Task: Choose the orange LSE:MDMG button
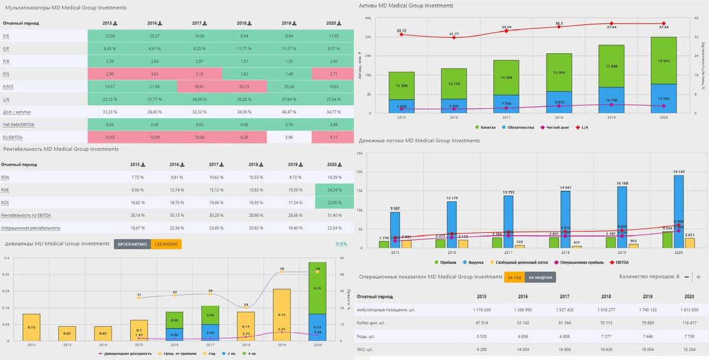click(x=166, y=244)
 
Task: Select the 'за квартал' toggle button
click(x=540, y=277)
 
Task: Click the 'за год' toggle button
click(x=515, y=277)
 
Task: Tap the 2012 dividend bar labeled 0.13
click(x=31, y=327)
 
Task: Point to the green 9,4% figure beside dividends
click(x=342, y=244)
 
